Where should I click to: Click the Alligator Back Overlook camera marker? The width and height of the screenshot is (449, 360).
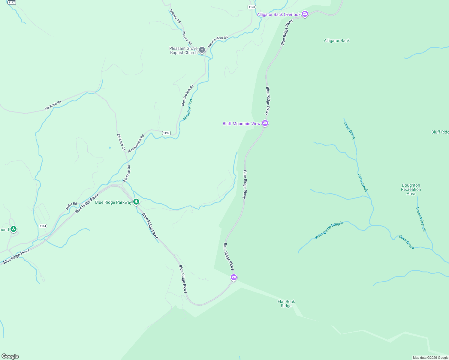[305, 14]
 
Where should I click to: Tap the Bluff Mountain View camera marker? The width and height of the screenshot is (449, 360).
[265, 123]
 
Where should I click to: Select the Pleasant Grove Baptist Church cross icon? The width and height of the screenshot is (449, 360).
[202, 50]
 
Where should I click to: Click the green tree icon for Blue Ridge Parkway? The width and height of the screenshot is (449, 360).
[136, 202]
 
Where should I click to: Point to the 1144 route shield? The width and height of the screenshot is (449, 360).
[43, 226]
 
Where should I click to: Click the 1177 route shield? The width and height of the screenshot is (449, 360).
[12, 2]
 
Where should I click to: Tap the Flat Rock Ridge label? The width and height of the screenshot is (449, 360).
[286, 304]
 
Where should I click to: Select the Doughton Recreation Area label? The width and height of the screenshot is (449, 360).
[411, 189]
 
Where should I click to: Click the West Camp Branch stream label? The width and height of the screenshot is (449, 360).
[329, 230]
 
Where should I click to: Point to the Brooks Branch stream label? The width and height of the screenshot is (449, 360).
[421, 219]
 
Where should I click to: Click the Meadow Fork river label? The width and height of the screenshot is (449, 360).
[188, 109]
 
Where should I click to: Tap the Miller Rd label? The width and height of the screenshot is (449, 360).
[71, 206]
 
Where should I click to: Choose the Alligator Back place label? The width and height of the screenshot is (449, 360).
[336, 40]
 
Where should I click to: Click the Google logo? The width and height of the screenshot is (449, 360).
[10, 356]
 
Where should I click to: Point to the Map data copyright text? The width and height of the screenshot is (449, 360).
[430, 358]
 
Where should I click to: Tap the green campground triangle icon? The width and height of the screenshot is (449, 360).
[13, 229]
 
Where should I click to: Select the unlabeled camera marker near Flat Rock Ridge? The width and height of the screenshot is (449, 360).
[234, 277]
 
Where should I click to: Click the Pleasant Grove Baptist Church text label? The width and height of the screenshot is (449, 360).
[183, 50]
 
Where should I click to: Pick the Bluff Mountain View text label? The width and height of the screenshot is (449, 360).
[241, 124]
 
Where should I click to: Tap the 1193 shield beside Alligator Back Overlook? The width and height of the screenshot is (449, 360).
[252, 7]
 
